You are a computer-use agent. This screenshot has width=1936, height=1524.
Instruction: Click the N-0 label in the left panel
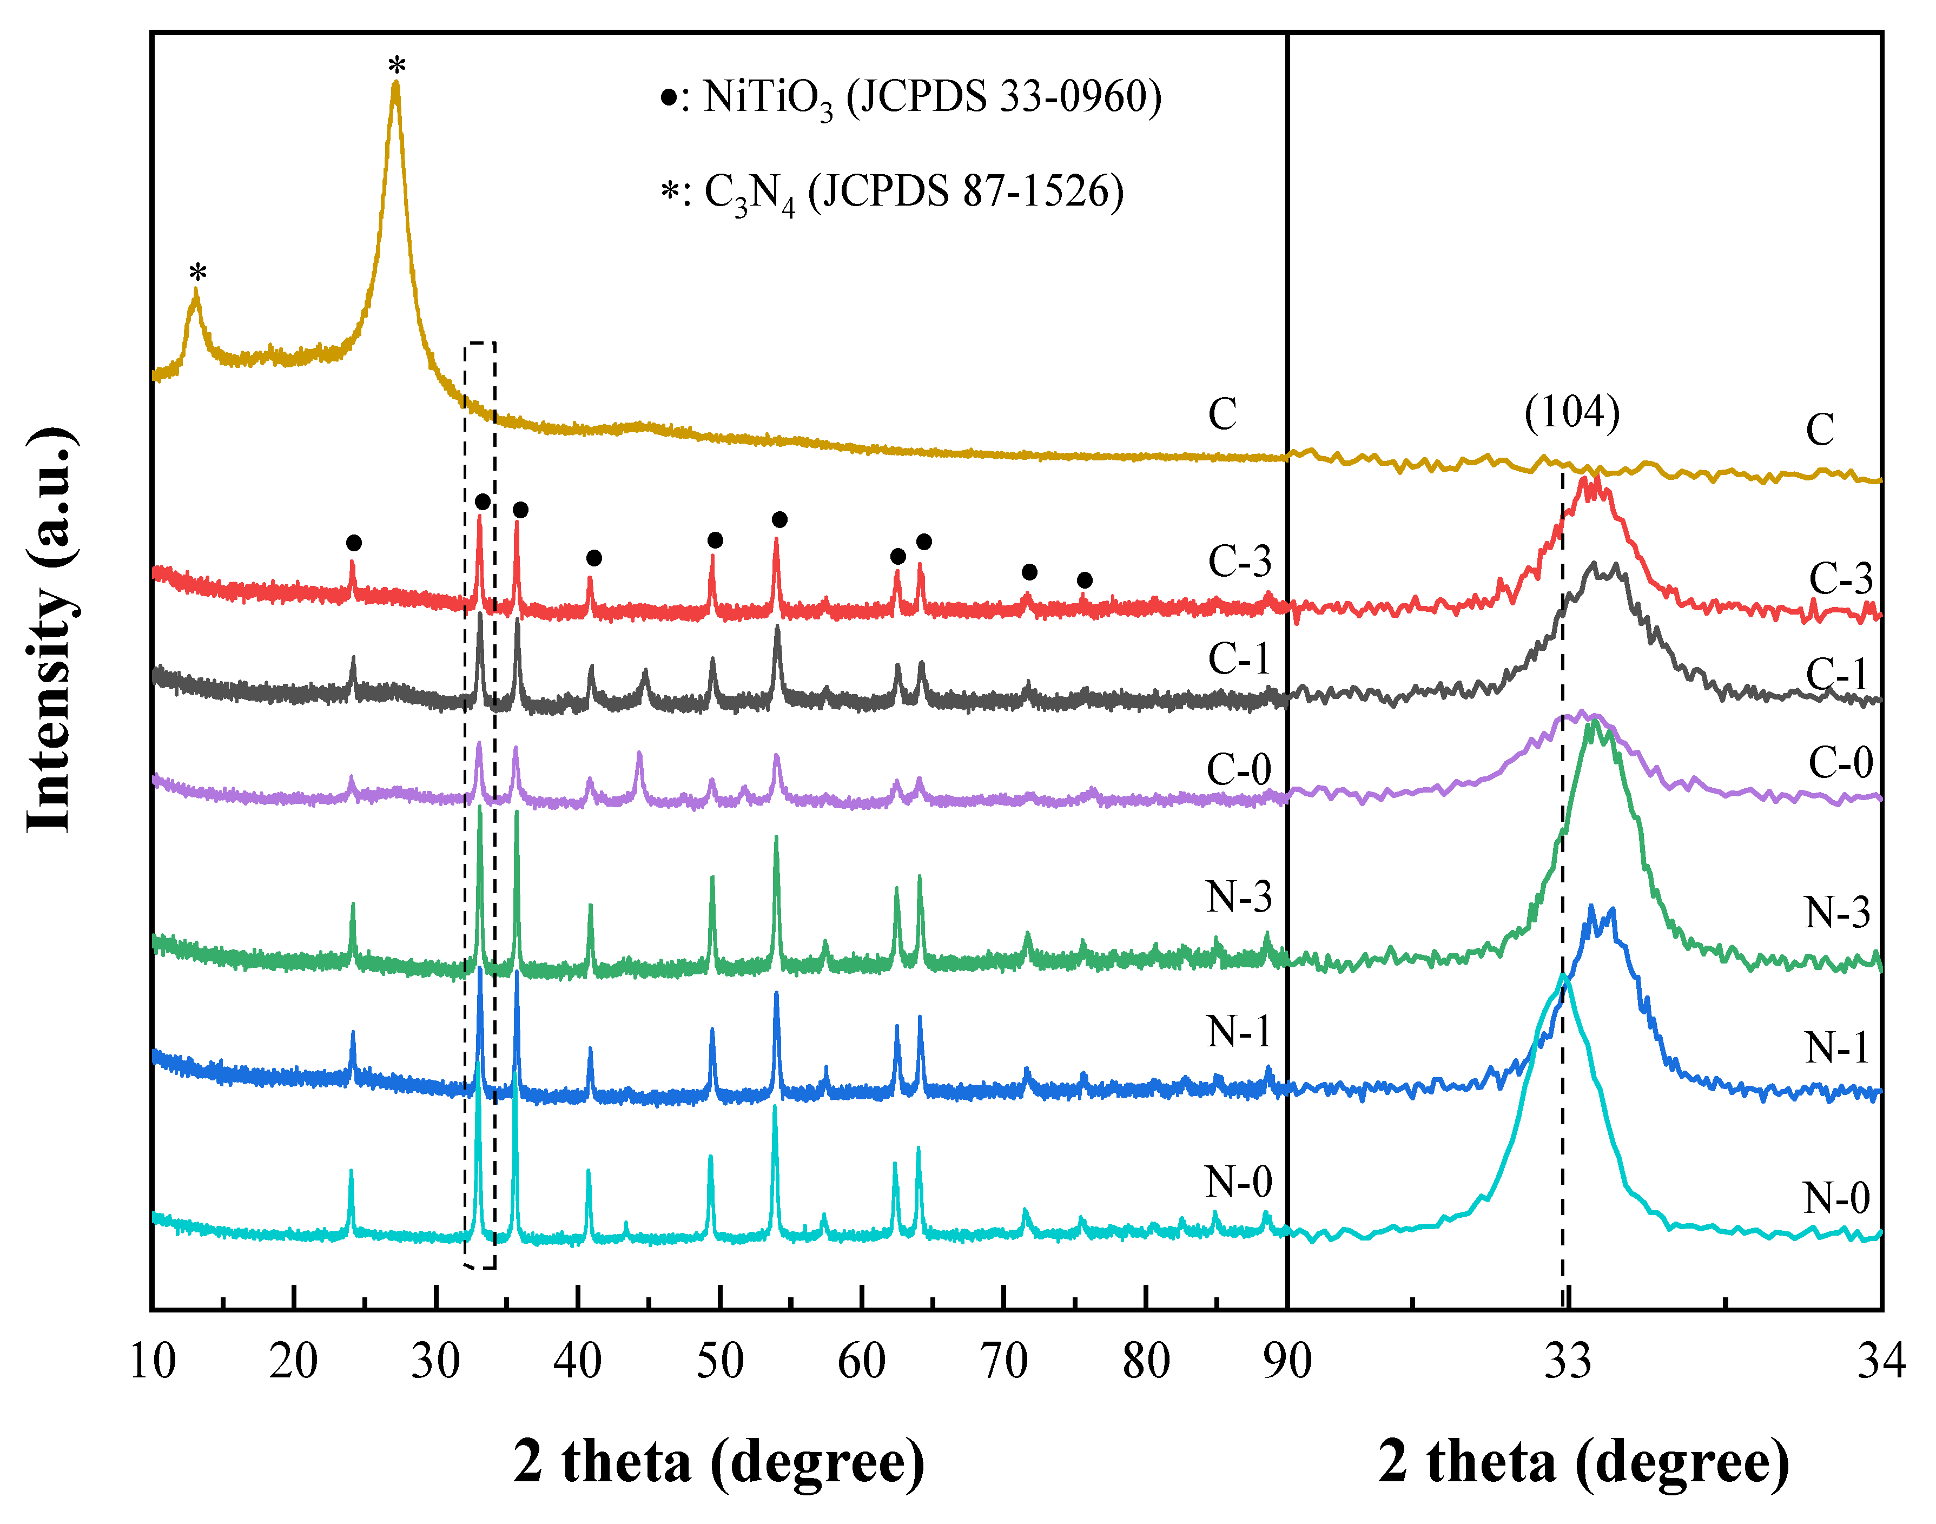click(1238, 1182)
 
